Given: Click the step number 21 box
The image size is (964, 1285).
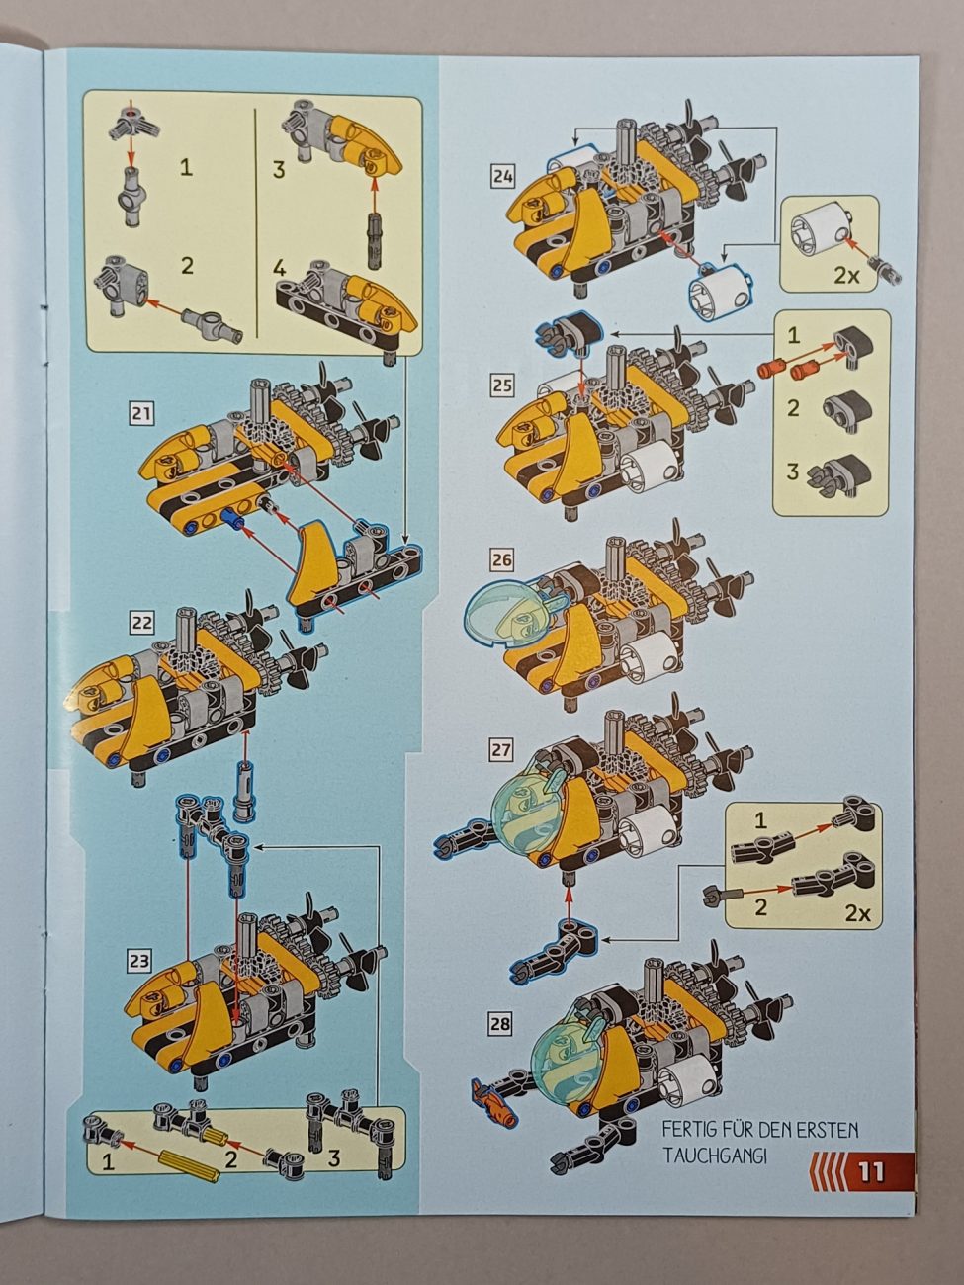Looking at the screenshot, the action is [x=141, y=414].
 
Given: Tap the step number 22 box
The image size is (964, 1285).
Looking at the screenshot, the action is [x=141, y=623].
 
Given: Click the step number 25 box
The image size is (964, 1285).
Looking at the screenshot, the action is [x=502, y=386].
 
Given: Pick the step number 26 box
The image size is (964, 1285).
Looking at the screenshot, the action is [x=501, y=560].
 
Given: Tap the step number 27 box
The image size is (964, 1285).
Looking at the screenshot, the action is [x=500, y=750].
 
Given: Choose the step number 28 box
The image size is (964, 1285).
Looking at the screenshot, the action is [x=500, y=1024].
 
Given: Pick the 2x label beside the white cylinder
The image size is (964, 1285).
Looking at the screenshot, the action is [x=846, y=275].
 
